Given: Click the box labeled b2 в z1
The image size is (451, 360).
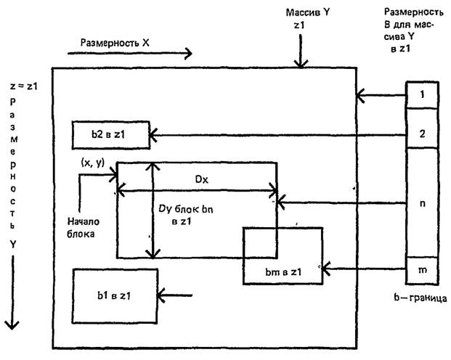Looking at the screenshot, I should (110, 134).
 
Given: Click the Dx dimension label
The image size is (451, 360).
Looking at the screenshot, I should (197, 177).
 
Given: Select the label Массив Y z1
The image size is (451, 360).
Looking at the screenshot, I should (304, 20).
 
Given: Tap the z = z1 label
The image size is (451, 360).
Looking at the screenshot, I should (23, 85).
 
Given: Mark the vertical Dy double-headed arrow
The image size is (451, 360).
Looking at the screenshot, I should (151, 210).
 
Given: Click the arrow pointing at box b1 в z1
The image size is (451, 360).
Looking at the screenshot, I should (176, 295).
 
